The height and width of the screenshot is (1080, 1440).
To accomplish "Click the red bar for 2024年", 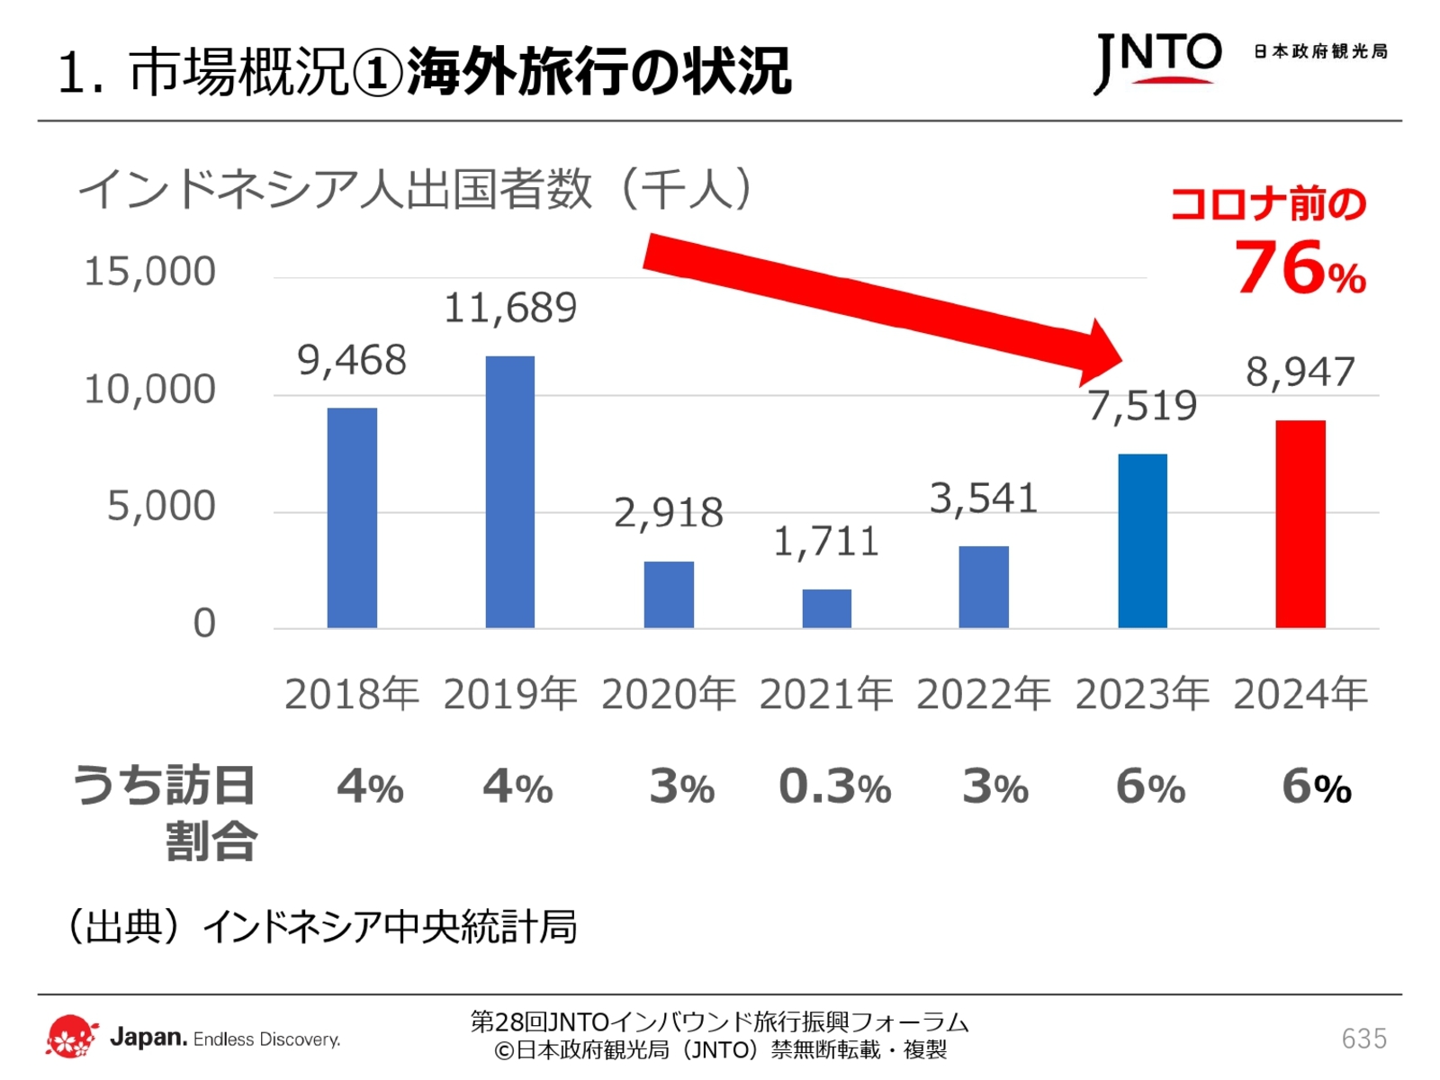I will tap(1300, 524).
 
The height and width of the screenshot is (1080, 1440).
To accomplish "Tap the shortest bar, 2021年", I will tap(826, 608).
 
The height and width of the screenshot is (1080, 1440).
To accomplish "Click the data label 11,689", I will tap(509, 309).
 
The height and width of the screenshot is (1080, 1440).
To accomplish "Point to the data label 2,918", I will tap(668, 513).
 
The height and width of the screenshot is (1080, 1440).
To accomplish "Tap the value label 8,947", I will tap(1300, 372).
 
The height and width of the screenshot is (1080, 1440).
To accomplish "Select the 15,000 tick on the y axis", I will tap(149, 272).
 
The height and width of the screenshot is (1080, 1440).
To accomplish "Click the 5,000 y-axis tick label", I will tap(161, 506).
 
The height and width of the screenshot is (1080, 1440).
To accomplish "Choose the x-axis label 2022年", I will tap(984, 694).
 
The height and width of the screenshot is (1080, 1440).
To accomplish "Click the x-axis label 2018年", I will tap(352, 694).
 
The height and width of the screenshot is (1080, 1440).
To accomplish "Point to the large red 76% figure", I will tap(1299, 268).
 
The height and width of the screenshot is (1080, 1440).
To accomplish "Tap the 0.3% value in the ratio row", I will tap(834, 787).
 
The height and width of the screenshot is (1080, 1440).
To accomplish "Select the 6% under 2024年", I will tap(1316, 787).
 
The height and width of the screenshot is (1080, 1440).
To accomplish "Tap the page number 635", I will tap(1363, 1039).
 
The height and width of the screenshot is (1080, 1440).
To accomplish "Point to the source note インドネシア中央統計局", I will tap(389, 927).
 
